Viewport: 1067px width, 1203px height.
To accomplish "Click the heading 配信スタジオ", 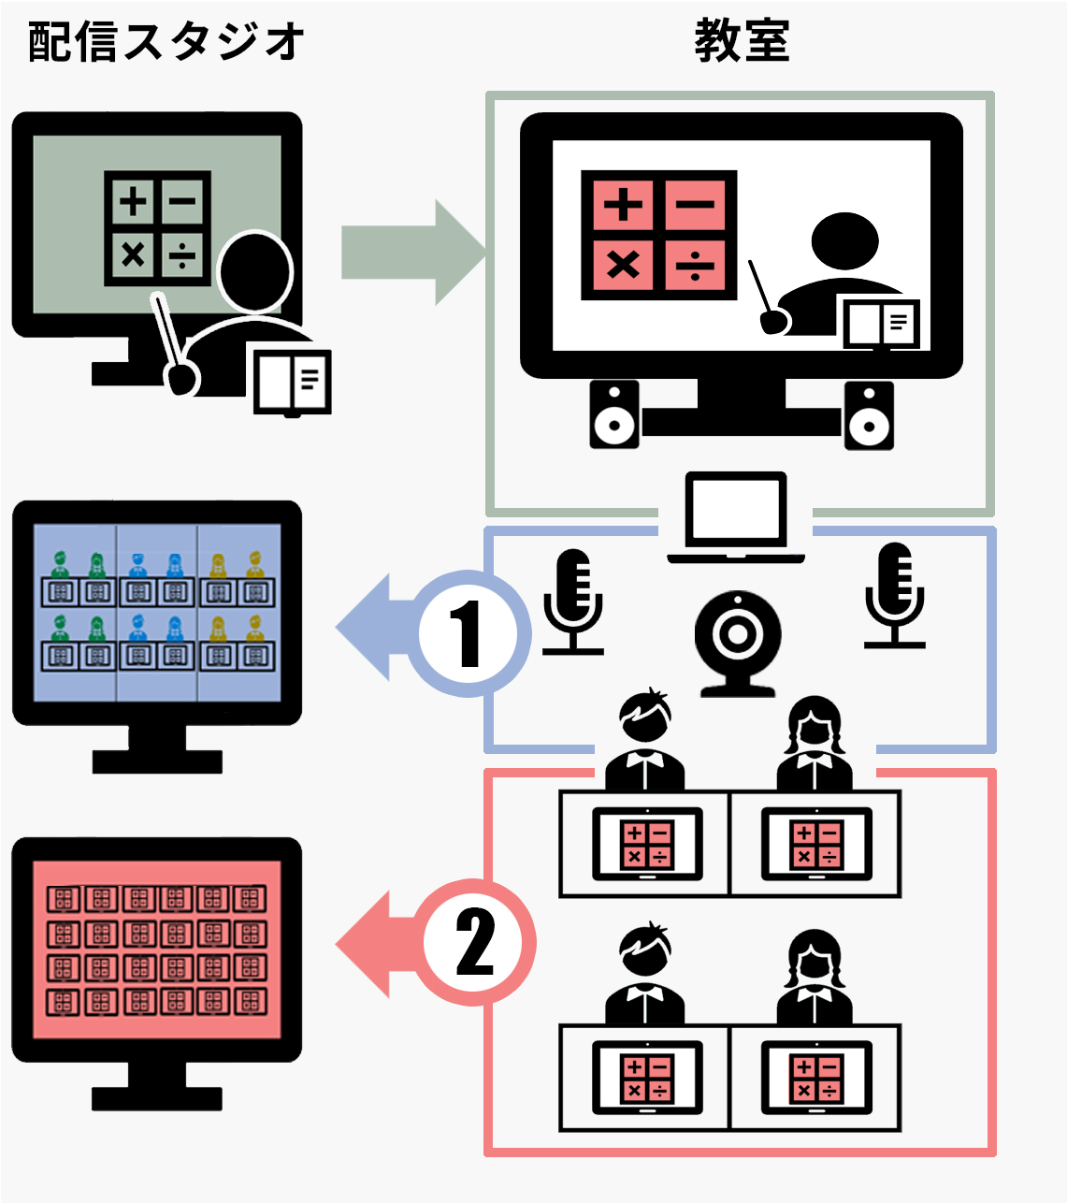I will (166, 42).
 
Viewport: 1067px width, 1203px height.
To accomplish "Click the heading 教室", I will (742, 42).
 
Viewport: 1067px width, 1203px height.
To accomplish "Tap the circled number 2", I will (475, 943).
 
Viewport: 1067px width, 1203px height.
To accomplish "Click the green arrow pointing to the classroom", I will (411, 252).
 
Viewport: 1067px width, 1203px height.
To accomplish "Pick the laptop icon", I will (736, 517).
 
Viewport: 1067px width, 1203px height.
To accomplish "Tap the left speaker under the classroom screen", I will (614, 414).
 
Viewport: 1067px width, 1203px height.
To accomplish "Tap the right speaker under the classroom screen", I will (869, 414).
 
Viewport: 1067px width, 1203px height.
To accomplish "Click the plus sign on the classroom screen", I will (622, 204).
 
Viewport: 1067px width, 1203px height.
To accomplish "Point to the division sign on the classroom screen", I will (695, 265).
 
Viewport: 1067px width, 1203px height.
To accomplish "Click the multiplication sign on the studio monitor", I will (133, 253).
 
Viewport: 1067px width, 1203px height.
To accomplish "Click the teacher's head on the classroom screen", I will (844, 240).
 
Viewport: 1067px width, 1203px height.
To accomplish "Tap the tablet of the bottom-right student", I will (816, 1078).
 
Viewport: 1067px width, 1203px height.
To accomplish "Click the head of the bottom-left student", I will (645, 953).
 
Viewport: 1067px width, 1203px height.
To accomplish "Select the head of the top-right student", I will (815, 725).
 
